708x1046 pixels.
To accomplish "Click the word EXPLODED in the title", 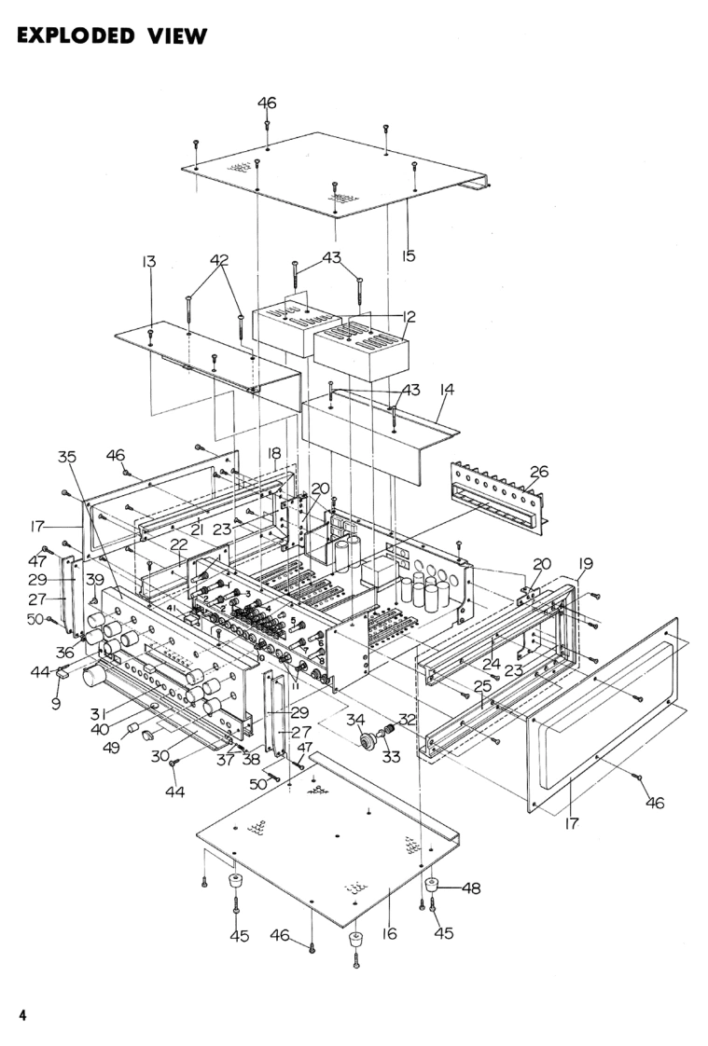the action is tap(75, 35).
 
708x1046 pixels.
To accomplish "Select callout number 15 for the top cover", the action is tap(409, 255).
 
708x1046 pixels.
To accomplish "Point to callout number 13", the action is tap(149, 261).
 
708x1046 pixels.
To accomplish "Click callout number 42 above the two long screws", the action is tap(219, 260).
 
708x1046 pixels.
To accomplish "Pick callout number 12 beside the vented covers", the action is tap(409, 316).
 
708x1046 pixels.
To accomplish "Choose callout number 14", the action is tap(447, 389).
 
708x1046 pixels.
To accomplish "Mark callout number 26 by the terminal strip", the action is tap(538, 472).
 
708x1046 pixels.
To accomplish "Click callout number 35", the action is tap(67, 457).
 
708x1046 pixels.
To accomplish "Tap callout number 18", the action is tap(274, 454).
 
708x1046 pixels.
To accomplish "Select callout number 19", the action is tap(585, 564).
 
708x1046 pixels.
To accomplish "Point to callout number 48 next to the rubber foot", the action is tap(471, 888).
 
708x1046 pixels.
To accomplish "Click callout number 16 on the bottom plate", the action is tap(390, 933).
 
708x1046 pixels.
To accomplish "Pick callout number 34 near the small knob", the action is tap(355, 720).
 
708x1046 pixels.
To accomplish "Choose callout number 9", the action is tap(56, 703).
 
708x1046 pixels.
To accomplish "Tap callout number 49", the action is tap(111, 747).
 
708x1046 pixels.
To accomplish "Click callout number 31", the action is tap(99, 714).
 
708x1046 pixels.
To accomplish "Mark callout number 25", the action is tap(482, 686).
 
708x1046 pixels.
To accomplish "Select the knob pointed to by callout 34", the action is tap(367, 741).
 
